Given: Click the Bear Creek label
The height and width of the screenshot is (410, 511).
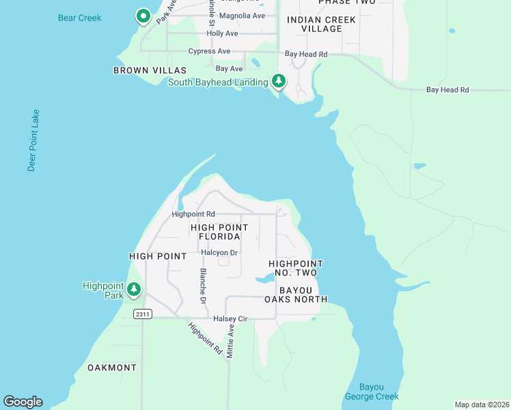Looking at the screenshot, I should click(x=80, y=17).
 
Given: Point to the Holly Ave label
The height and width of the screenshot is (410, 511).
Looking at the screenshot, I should click(x=222, y=33).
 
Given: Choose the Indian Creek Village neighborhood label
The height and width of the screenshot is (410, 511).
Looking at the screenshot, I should click(x=321, y=25).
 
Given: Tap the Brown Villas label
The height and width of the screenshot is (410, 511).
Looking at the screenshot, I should click(x=150, y=70).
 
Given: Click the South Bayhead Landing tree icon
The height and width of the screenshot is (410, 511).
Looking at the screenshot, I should click(x=279, y=81).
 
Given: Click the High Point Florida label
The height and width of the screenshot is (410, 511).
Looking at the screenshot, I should click(x=219, y=232).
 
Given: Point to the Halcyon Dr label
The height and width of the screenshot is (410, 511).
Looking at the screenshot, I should click(x=219, y=252).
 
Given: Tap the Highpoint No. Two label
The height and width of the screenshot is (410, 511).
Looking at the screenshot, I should click(x=295, y=268).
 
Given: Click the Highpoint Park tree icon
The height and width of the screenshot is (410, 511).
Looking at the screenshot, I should click(x=135, y=290).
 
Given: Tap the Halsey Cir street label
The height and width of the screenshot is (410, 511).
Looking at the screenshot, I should click(x=230, y=318).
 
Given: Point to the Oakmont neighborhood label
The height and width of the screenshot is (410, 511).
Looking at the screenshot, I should click(x=112, y=368).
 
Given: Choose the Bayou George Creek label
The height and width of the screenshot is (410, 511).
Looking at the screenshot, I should click(x=371, y=392).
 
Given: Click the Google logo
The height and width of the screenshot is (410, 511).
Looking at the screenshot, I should click(x=23, y=402).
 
